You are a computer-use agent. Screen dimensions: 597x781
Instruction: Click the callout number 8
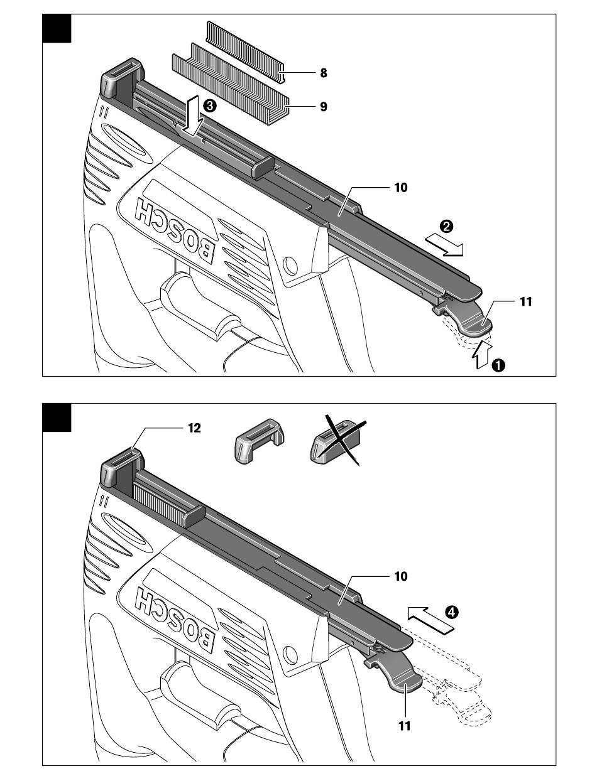[323, 73]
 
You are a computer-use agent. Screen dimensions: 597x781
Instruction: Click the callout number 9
[323, 107]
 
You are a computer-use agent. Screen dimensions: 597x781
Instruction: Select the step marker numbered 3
[209, 105]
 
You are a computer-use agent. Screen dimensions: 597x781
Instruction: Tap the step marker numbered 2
[446, 226]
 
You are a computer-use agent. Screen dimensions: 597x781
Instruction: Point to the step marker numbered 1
[498, 365]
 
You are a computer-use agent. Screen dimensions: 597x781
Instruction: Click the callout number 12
[194, 428]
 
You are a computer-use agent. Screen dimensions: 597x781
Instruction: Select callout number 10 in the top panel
[401, 188]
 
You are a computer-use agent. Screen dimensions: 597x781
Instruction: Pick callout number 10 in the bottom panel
[401, 576]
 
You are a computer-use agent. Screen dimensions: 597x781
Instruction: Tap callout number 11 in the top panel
[526, 302]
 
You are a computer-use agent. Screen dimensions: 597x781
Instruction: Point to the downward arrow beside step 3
[192, 116]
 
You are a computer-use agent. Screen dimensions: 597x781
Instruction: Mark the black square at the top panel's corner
[57, 28]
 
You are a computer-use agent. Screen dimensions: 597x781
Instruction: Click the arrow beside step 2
[444, 244]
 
